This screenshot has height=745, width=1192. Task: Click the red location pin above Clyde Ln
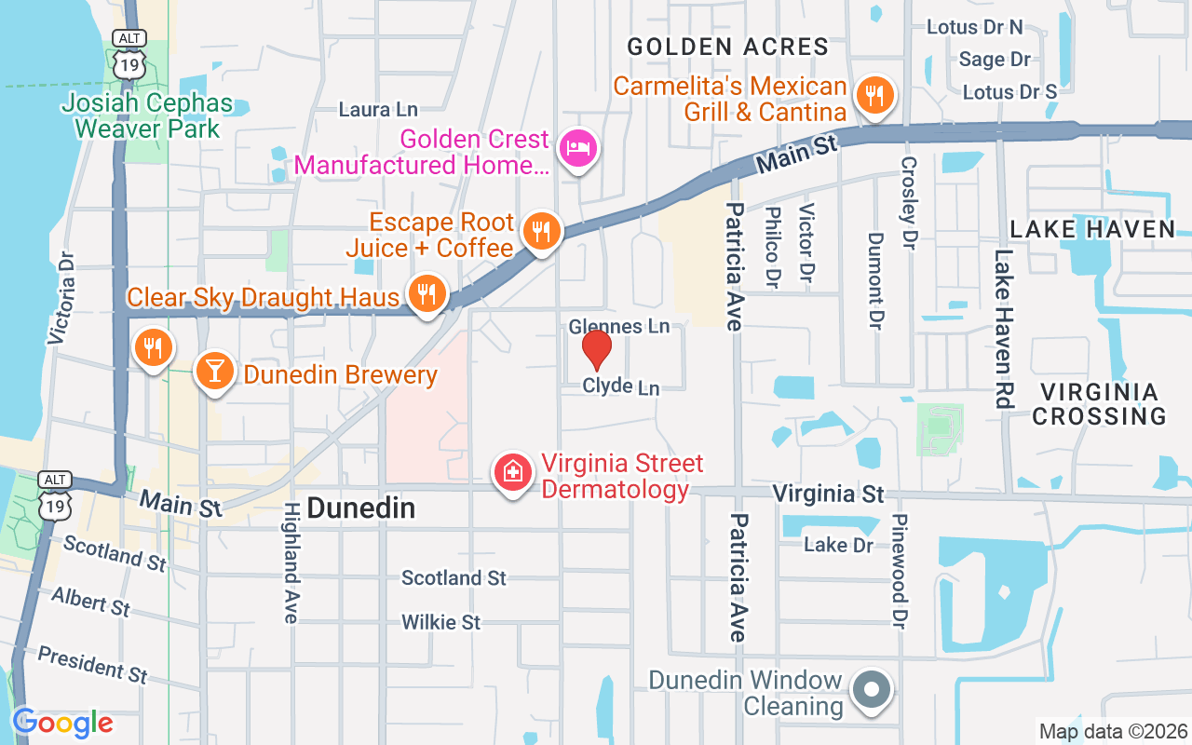[x=596, y=349]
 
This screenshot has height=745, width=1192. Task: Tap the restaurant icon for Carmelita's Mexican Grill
[x=874, y=95]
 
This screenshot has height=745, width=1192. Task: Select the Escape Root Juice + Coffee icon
[x=540, y=230]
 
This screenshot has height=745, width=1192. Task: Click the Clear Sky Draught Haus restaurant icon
[x=427, y=294]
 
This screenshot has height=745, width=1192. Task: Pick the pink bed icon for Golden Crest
[x=578, y=148]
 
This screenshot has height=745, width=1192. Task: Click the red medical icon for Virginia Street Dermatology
[x=512, y=472]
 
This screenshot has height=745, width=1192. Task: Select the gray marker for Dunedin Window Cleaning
[x=873, y=691]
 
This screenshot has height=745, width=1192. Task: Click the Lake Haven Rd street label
[x=1003, y=329]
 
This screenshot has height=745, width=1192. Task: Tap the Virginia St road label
[x=828, y=493]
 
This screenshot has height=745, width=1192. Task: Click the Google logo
[x=62, y=723]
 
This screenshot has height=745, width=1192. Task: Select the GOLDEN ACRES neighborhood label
[x=727, y=47]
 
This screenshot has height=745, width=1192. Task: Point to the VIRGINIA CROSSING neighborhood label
[x=1099, y=403]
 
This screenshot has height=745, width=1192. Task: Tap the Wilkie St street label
[x=440, y=621]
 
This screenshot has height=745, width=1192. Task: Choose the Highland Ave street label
[x=291, y=562]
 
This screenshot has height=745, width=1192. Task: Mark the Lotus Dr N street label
[x=974, y=27]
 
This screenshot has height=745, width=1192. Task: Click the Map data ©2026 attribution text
[x=1113, y=732]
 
